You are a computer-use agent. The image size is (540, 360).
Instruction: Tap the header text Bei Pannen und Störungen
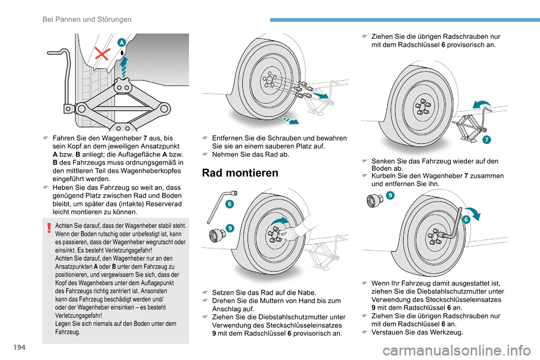click(87, 20)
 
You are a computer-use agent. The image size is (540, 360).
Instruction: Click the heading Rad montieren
click(240, 173)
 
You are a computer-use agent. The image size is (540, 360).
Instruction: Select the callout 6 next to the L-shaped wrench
click(231, 204)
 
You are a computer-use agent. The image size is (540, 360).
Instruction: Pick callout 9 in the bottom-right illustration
click(390, 195)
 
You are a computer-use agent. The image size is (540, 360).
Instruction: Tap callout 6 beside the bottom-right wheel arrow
click(466, 220)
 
